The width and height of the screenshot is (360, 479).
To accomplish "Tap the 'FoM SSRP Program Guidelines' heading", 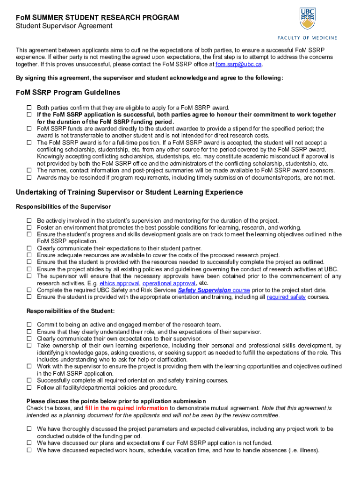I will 68,93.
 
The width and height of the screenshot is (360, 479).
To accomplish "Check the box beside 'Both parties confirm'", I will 29,108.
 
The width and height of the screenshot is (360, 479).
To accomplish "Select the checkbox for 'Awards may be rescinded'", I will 29,178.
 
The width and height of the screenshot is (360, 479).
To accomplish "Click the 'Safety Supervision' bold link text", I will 204,290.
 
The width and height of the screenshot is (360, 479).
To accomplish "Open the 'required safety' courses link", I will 286,297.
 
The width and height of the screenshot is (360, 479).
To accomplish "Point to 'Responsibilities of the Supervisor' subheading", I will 63,206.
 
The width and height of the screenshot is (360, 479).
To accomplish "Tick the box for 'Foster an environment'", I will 29,228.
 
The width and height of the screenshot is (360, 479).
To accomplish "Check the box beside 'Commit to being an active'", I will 29,325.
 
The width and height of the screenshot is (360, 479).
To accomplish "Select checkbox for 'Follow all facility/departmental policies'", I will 29,388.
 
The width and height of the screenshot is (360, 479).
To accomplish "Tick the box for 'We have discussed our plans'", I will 29,443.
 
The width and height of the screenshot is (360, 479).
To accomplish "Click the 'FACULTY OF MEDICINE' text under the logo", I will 307,38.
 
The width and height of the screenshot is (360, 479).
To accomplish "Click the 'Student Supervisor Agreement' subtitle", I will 64,26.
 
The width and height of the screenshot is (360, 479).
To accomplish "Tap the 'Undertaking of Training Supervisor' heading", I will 129,192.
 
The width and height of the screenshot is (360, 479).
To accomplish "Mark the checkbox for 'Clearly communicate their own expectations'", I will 29,339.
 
